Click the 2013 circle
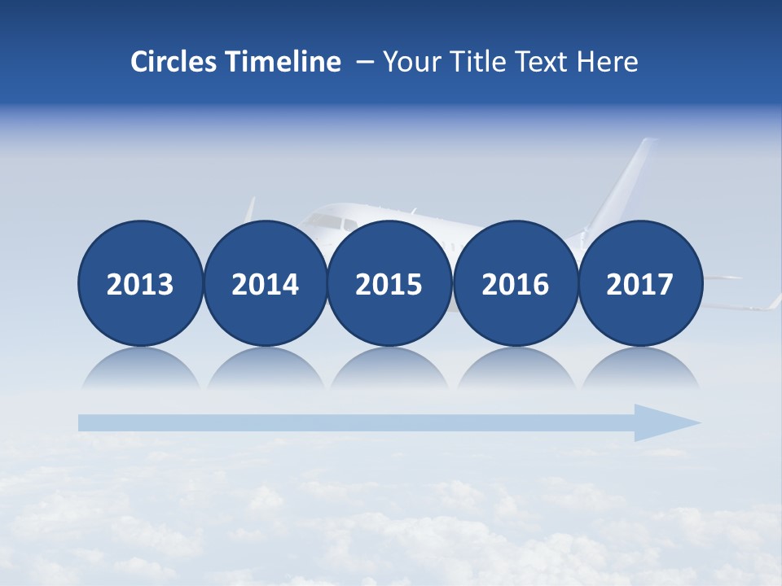140,283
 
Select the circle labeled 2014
266,283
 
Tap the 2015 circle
389,283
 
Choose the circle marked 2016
516,283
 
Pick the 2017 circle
640,283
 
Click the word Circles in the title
174,62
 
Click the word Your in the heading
410,62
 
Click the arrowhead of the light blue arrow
664,422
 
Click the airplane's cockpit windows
325,221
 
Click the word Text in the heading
547,62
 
